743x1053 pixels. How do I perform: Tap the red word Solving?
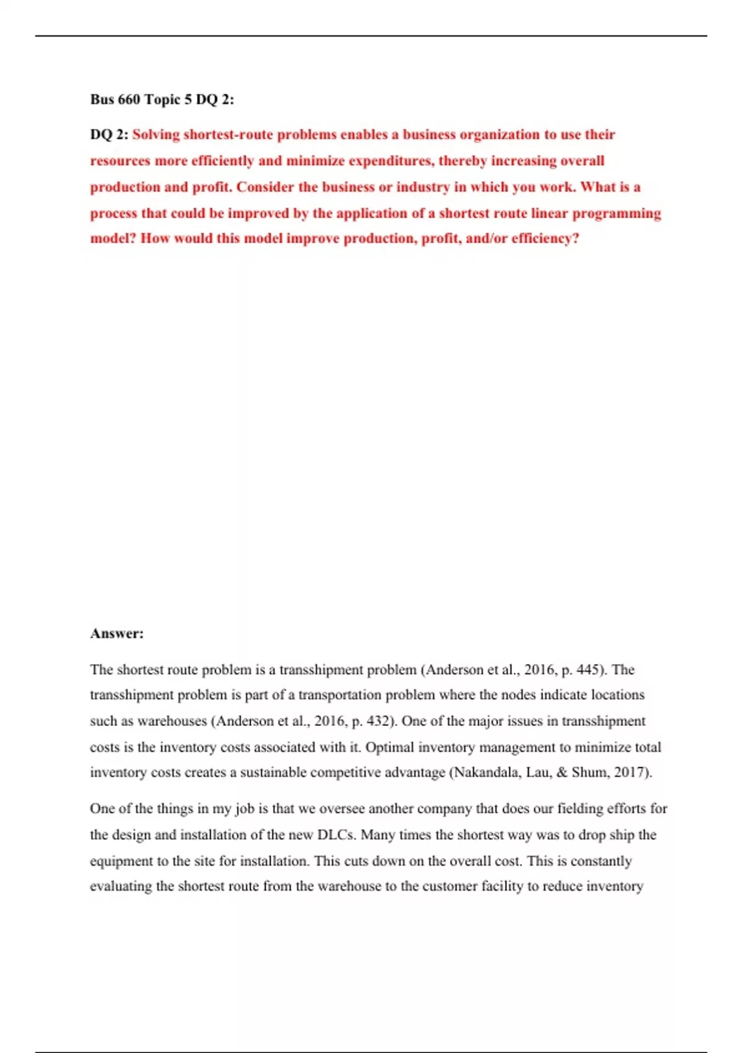click(156, 135)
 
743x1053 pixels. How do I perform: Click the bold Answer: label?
click(117, 634)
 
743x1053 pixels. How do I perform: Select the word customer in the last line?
click(428, 886)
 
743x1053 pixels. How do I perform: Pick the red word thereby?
click(463, 161)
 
